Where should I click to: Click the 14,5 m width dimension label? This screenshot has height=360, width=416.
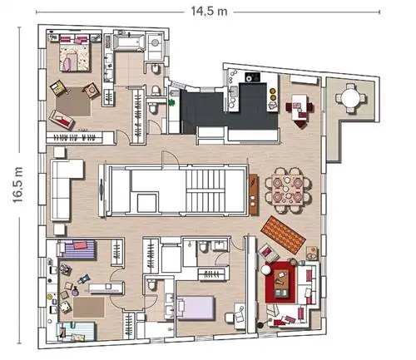point(209,12)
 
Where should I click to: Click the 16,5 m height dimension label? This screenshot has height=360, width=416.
point(17,185)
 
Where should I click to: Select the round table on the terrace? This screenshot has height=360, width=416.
point(350,97)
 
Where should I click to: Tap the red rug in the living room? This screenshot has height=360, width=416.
point(280,282)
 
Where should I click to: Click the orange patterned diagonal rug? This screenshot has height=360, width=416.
point(283,234)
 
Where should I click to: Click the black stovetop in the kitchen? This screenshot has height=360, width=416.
point(252,77)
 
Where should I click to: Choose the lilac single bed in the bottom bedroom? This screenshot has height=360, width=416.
point(196,308)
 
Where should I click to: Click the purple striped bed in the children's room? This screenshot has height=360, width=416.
point(77,249)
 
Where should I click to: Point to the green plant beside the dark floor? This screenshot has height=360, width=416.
point(172,102)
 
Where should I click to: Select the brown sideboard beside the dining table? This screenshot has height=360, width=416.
point(254,194)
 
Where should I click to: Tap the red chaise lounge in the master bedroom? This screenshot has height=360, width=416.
point(62,120)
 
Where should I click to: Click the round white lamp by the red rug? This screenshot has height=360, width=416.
point(265,269)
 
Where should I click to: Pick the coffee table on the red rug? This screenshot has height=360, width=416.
point(281,283)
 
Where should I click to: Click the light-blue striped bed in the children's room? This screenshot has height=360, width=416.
point(76,331)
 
